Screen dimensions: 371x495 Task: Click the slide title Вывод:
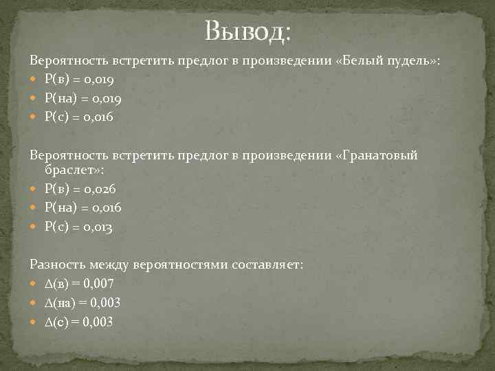click(247, 31)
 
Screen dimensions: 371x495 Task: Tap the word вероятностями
click(183, 264)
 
